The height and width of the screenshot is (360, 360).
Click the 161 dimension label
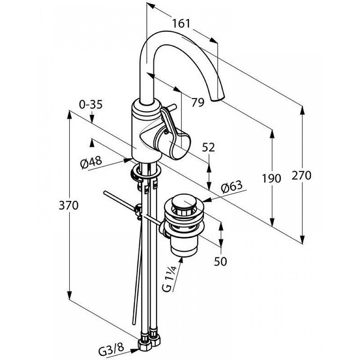tap(181, 23)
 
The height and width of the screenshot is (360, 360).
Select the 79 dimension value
tap(198, 103)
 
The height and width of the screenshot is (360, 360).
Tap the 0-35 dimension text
tap(91, 105)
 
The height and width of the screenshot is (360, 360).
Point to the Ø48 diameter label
tap(91, 162)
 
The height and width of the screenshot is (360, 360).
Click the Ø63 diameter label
tap(232, 187)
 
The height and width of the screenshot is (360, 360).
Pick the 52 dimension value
tap(208, 148)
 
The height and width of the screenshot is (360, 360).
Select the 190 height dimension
tap(272, 178)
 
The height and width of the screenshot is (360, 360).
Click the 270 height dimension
tap(301, 175)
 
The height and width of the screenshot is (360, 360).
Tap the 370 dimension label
tap(69, 205)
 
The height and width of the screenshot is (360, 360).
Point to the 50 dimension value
tap(220, 261)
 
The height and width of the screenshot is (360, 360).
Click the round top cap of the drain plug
tap(184, 201)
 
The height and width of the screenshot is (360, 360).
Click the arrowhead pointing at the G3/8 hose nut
tap(135, 351)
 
